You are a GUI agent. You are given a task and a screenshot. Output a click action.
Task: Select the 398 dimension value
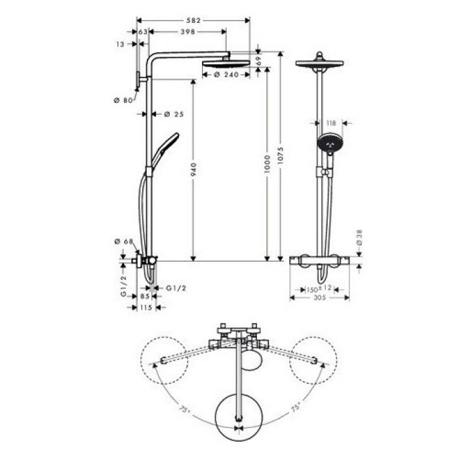pyautogui.click(x=188, y=31)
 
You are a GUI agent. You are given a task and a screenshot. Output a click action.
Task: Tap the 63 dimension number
pyautogui.click(x=142, y=31)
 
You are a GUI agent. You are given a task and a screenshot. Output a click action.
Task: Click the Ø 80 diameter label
pyautogui.click(x=123, y=100)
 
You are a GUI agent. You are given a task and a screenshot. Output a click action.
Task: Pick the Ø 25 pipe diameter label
pyautogui.click(x=174, y=114)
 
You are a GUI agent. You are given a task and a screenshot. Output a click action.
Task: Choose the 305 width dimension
pyautogui.click(x=319, y=297)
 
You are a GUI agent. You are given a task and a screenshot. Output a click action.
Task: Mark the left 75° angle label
pyautogui.click(x=186, y=410)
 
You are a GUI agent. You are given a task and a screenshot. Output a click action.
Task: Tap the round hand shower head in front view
pyautogui.click(x=329, y=143)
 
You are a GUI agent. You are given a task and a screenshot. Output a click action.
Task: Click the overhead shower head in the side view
pyautogui.click(x=226, y=64)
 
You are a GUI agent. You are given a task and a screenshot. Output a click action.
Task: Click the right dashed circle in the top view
pyautogui.click(x=313, y=360)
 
